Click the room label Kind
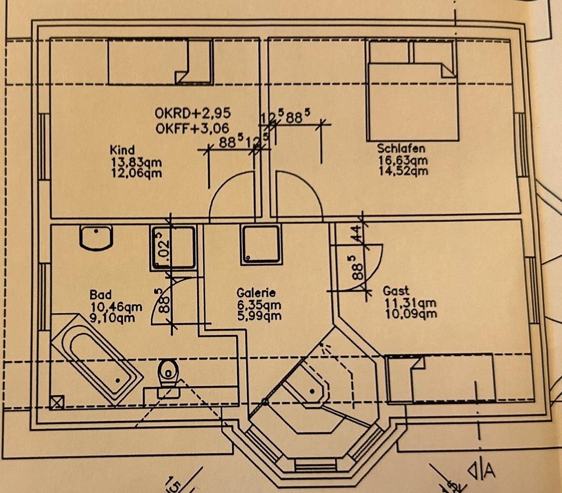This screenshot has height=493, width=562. point(122,149)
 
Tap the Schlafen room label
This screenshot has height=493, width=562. point(401,149)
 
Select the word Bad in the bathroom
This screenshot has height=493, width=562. point(100,295)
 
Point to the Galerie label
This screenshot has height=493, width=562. point(256,293)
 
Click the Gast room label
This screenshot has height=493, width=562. point(396,291)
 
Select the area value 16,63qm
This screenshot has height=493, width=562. point(403,160)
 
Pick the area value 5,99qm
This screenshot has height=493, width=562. point(259,316)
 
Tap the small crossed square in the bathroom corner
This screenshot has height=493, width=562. point(58,402)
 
